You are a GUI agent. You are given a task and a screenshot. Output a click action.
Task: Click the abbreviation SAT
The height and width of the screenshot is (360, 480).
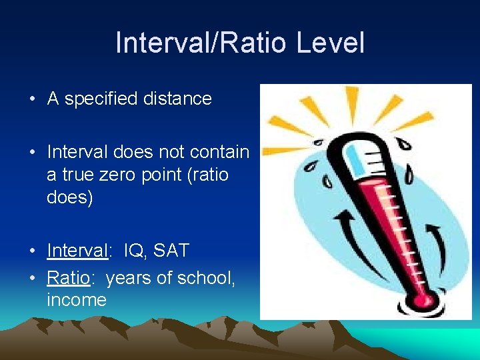coord(171,251)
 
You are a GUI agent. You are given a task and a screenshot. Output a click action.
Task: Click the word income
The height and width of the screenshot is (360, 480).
coord(77,301)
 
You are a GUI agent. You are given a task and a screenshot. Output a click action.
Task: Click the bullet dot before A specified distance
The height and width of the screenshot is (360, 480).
coord(32,100)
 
